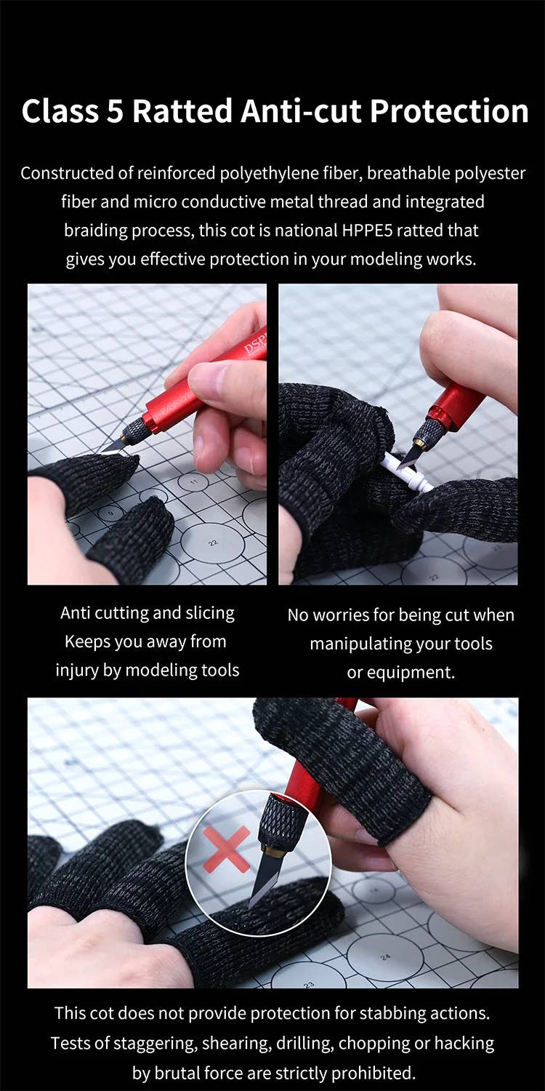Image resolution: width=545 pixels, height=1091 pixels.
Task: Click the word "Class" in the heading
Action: [60, 111]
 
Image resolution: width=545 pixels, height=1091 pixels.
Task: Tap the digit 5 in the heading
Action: [116, 111]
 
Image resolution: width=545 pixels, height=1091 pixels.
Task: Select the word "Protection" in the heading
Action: [449, 111]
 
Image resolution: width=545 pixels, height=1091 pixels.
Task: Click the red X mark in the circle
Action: [226, 850]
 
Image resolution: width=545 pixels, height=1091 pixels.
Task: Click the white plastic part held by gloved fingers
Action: [408, 471]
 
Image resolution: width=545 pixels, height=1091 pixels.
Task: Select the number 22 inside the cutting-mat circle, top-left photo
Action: [214, 543]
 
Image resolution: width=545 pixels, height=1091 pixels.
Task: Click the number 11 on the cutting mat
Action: [194, 481]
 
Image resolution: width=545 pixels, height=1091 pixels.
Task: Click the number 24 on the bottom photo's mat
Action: [385, 957]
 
